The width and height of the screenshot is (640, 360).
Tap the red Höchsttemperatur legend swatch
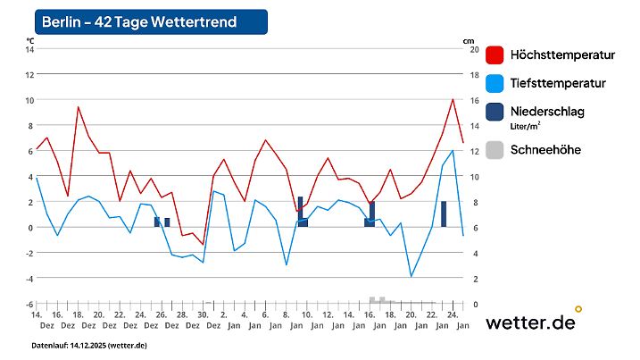[496, 55]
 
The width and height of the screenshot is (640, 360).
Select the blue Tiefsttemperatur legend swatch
[496, 83]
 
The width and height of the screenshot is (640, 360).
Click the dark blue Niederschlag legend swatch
[496, 112]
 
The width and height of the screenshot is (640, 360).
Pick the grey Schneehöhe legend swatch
[496, 150]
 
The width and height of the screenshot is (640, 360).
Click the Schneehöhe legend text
[544, 150]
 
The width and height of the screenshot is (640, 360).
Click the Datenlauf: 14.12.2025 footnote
[89, 345]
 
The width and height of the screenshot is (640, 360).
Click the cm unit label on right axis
[468, 40]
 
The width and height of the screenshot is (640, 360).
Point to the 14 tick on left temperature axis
[29, 49]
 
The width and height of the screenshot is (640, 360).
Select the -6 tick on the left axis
[29, 305]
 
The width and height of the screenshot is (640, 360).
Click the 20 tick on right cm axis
[474, 49]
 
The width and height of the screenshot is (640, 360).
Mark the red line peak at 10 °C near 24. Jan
[453, 100]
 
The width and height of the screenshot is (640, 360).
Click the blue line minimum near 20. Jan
[411, 276]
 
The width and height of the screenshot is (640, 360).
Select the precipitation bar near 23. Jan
[444, 214]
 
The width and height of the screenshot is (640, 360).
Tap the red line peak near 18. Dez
[78, 107]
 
